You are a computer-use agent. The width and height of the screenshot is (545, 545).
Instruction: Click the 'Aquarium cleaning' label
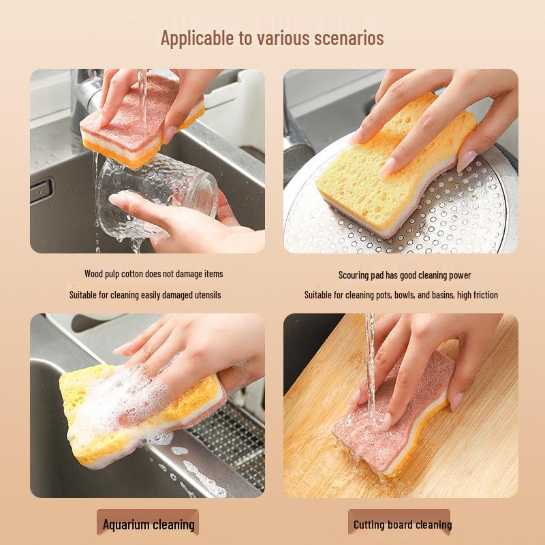148,525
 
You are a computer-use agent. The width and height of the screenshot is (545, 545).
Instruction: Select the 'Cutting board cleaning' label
402,525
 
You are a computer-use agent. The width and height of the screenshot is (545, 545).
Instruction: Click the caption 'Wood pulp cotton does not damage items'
153,274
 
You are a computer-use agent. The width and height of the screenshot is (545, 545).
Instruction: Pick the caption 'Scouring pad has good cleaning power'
405,275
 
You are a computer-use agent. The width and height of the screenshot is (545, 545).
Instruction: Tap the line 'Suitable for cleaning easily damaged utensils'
145,295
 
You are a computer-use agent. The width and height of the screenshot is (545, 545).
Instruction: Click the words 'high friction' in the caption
474,295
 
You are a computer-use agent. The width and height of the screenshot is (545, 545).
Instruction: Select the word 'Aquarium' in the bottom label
126,525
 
